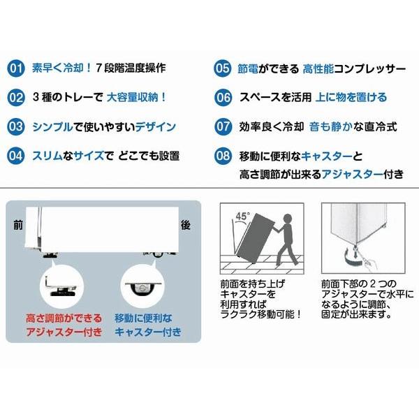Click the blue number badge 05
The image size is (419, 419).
coord(222,69)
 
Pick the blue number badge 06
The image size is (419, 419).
coord(222,98)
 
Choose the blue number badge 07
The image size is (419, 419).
coord(222,127)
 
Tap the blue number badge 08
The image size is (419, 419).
coord(222,156)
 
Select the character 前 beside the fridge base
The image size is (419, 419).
coord(17,226)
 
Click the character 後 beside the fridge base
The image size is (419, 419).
coord(186,226)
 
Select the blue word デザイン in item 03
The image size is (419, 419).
coord(153,127)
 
